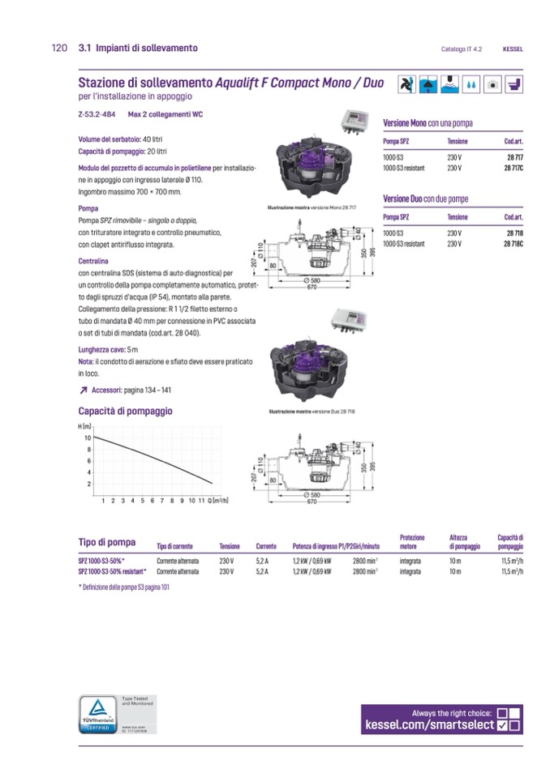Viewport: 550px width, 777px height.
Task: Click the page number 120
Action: click(58, 49)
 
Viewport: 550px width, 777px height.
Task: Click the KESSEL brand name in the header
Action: click(513, 49)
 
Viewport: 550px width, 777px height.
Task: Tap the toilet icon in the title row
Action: click(514, 84)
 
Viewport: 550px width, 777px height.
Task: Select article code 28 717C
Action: click(513, 168)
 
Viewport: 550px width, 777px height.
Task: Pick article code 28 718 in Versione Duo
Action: click(514, 233)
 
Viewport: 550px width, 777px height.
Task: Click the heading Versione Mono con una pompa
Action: click(428, 123)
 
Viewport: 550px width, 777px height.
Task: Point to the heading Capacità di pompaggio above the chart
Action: click(125, 411)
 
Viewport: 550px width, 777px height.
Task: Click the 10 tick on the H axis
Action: click(88, 438)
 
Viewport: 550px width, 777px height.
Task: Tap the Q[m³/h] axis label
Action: click(219, 501)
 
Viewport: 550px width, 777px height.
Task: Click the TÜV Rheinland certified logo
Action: click(97, 714)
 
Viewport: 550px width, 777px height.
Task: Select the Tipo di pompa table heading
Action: click(107, 542)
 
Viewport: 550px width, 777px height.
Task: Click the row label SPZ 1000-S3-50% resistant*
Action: click(113, 571)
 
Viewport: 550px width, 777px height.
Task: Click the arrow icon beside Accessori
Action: click(84, 391)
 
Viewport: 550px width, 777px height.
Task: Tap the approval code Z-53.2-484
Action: click(96, 114)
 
